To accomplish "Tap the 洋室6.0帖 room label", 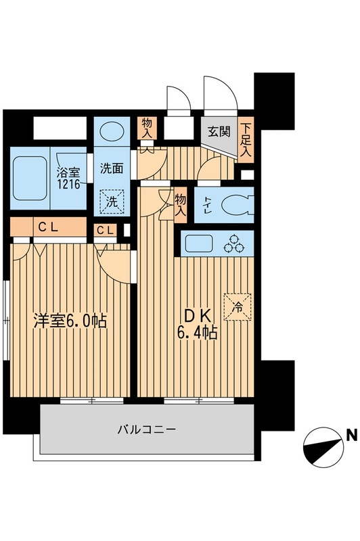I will tap(70, 321).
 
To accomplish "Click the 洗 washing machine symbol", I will tap(109, 200).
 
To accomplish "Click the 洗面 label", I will tap(111, 170).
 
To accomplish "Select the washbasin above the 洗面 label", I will tap(109, 131).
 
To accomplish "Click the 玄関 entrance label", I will tap(219, 132).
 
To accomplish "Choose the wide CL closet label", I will tap(47, 228).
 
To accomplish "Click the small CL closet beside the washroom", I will tap(106, 231).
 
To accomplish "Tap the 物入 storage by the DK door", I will tap(180, 204).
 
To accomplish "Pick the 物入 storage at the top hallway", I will tap(146, 127).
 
